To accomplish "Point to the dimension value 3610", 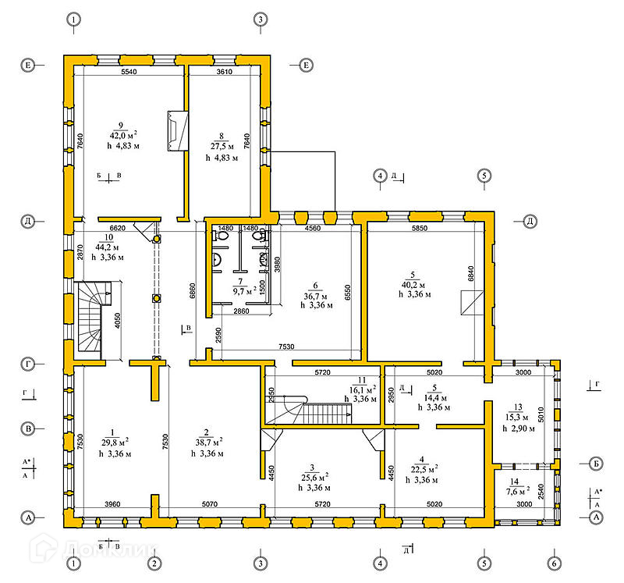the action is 225,72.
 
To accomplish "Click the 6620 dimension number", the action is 119,228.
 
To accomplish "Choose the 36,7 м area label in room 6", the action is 317,296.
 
